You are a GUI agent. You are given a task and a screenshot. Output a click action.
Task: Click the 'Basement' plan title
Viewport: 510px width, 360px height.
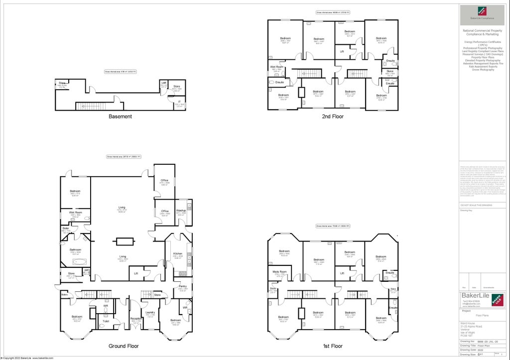tap(121, 117)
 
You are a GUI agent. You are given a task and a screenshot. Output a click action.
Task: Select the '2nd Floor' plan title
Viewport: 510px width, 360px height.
tap(333, 117)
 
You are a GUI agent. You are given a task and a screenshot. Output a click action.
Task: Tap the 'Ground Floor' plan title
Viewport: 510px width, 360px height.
tap(124, 346)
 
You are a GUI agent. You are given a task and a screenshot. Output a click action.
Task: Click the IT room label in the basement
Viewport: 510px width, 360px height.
tap(179, 102)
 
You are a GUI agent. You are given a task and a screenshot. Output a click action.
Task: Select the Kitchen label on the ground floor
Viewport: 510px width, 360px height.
tap(178, 253)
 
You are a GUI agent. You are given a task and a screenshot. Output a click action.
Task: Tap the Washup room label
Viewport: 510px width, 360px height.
tap(181, 211)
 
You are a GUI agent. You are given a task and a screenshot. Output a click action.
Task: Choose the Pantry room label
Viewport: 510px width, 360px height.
tap(182, 286)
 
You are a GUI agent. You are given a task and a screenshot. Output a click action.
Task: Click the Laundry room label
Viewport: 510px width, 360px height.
tap(150, 313)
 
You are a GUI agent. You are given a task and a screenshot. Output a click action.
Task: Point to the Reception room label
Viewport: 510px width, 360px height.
tap(134, 319)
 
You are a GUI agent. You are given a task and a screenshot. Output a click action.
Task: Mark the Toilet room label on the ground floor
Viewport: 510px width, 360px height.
tap(106, 321)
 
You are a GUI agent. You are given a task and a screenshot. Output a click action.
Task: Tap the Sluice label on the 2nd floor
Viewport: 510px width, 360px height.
tap(390, 71)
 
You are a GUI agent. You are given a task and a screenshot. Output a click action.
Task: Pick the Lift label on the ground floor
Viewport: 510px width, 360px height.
tap(136, 273)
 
